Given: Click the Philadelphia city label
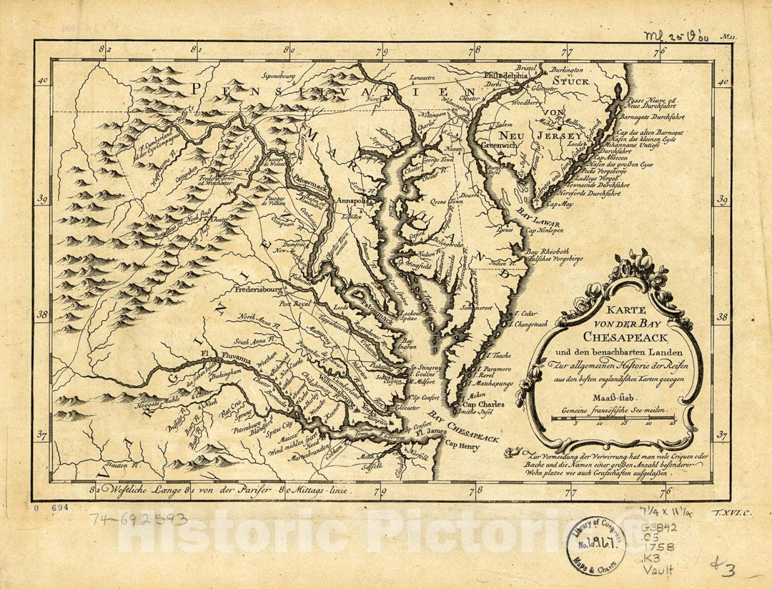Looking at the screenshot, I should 506,74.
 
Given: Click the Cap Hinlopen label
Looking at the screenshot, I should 545,231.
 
